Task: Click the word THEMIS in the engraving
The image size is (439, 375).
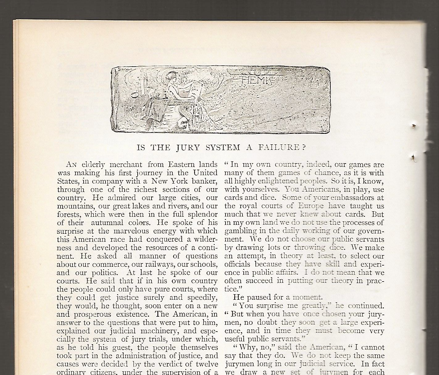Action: pyautogui.click(x=255, y=80)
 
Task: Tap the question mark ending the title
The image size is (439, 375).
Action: pyautogui.click(x=304, y=147)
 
